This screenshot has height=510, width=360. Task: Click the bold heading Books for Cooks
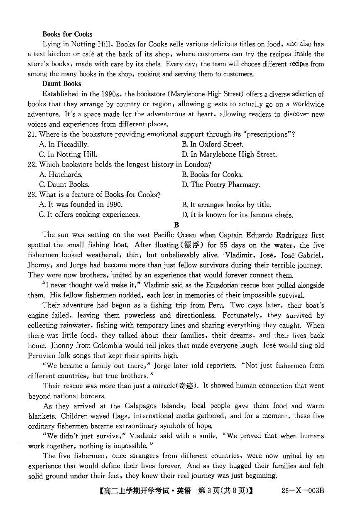pos(67,34)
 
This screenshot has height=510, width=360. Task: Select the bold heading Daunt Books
pos(62,84)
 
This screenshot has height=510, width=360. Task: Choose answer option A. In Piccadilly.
pos(64,145)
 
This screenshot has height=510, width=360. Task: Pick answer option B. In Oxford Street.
pos(212,145)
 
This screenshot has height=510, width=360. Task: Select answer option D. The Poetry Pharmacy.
pos(220,185)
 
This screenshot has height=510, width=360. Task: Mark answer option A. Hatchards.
pos(61,175)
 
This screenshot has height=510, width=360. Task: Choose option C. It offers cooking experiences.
pos(89,215)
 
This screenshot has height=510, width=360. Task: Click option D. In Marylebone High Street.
pos(229,154)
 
